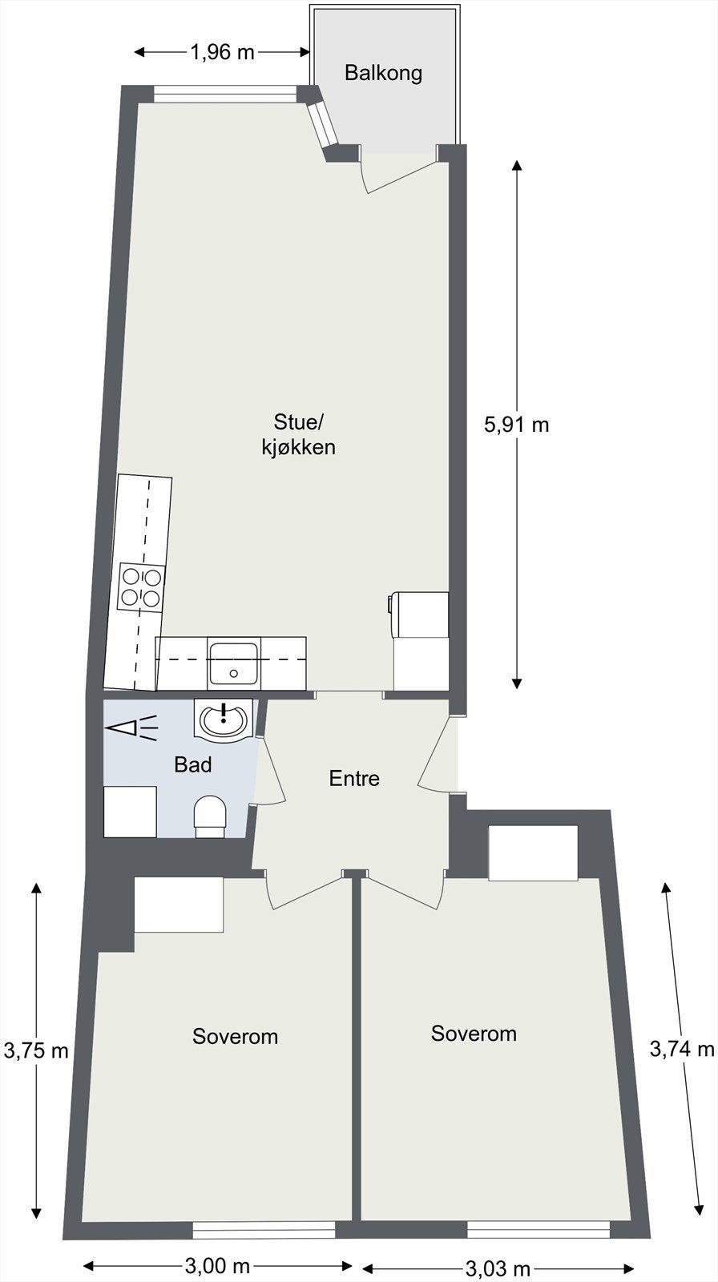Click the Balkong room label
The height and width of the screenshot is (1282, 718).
click(383, 73)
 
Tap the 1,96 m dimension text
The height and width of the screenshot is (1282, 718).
click(222, 53)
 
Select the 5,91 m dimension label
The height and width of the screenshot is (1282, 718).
click(517, 424)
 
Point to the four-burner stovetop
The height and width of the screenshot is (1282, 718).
click(142, 586)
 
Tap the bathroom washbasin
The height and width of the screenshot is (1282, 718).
click(224, 719)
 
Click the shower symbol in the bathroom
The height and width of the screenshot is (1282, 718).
click(131, 728)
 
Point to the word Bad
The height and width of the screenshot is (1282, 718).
click(193, 765)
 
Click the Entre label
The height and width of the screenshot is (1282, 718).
click(354, 778)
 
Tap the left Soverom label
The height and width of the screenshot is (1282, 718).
click(235, 1036)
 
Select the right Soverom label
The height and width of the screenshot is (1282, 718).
click(474, 1033)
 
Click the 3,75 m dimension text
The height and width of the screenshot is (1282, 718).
click(36, 1050)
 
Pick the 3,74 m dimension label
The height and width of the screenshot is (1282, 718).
click(681, 1048)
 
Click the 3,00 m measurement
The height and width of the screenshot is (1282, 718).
click(217, 1266)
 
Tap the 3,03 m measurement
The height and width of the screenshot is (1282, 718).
click(498, 1268)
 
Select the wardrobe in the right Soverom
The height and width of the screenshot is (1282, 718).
click(533, 853)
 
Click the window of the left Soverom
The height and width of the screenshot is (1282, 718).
click(264, 1230)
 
